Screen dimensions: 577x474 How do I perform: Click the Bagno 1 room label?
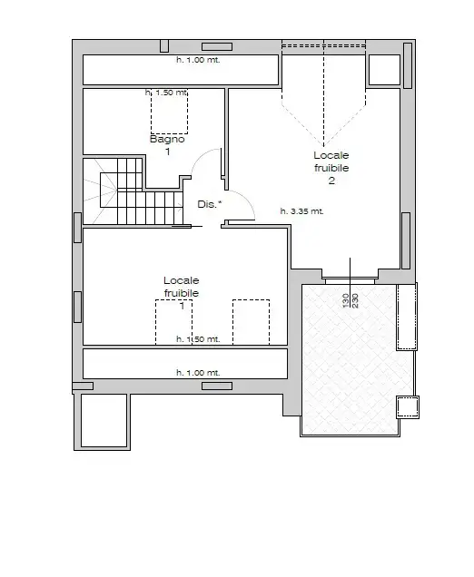[x=168, y=145]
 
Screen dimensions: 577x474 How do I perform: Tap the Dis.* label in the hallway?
[x=209, y=205]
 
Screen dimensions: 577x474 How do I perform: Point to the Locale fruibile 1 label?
[x=182, y=293]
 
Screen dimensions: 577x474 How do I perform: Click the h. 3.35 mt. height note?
[x=302, y=210]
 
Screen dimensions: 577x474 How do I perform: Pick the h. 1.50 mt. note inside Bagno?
[x=166, y=93]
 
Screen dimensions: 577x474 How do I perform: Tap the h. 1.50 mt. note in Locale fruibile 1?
[x=198, y=339]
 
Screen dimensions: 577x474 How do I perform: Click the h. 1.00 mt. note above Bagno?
[x=198, y=60]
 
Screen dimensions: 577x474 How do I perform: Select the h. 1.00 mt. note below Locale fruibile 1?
[x=198, y=372]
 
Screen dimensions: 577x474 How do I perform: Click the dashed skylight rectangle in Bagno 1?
[x=169, y=113]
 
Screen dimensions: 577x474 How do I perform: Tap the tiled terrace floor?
[x=350, y=363]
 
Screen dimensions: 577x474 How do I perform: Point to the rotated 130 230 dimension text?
[x=351, y=301]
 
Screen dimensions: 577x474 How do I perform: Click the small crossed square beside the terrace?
[x=407, y=406]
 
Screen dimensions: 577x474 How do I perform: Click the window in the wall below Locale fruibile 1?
[x=216, y=386]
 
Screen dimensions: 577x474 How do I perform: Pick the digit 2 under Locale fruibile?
[x=331, y=181]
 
